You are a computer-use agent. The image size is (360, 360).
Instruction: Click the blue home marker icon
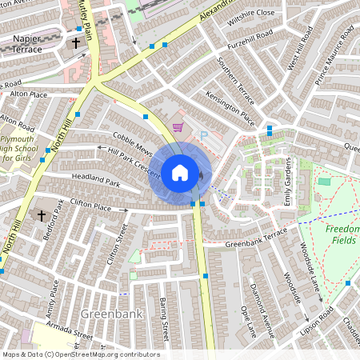(180, 172)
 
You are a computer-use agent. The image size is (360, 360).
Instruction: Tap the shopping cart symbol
(178, 126)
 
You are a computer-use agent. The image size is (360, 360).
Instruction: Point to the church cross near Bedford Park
(42, 215)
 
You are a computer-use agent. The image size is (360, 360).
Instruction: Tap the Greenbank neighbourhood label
(111, 313)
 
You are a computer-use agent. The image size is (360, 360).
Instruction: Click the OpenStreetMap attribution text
(80, 354)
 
